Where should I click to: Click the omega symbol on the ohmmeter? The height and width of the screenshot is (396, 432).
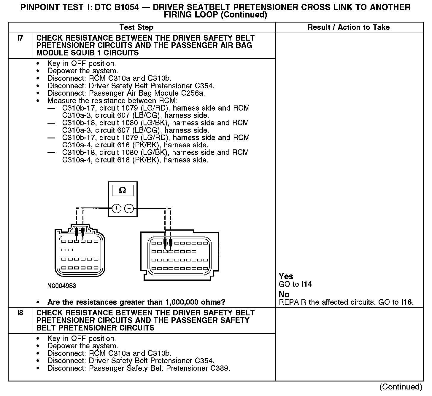point(122,190)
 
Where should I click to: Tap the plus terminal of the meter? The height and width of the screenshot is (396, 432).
point(117,208)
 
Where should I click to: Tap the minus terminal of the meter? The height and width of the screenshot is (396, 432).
point(129,208)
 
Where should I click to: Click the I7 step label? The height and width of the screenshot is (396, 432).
point(20,38)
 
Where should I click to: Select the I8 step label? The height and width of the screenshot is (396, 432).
point(20,313)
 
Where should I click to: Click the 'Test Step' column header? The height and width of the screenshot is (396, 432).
point(136,28)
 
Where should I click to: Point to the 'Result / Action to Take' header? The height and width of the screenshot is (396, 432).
point(348,28)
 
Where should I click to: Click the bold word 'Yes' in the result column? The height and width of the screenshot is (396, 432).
point(286,276)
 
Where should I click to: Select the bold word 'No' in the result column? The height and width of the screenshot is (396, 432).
point(284,294)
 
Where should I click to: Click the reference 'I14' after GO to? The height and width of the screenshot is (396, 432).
point(307,284)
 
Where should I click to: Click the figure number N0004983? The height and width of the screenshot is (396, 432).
point(62,286)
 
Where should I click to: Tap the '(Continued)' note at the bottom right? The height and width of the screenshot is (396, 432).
point(400,387)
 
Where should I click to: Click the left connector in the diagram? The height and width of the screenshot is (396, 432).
point(80,252)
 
